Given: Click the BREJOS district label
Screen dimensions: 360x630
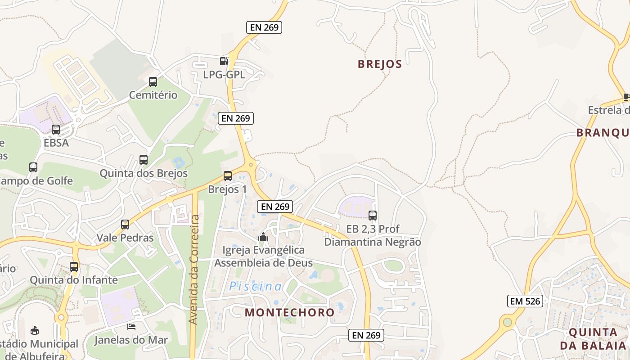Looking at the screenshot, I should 379,64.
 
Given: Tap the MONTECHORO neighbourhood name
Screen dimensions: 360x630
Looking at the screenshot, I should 289,312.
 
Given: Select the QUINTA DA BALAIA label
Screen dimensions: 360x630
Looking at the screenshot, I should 593,339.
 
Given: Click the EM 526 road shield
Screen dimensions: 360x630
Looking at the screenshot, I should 525,301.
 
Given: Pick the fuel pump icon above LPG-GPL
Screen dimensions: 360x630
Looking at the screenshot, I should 224,61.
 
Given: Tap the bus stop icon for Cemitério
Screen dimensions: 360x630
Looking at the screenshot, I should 153,82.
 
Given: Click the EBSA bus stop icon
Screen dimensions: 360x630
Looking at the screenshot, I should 56,130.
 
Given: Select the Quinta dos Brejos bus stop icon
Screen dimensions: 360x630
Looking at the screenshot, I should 144,160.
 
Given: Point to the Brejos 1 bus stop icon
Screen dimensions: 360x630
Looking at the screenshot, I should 228,176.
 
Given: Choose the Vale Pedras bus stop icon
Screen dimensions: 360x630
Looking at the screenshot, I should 125,225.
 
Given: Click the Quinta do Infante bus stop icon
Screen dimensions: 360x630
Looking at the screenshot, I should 74,267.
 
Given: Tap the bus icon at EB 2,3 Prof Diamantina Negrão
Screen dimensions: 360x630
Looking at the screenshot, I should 373,216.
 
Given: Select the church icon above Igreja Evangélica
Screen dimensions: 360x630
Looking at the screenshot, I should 263,236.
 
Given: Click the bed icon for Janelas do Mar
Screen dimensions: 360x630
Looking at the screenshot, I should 131,326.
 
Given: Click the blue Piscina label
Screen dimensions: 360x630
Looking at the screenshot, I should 256,287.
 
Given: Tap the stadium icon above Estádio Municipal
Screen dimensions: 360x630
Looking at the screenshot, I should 34,331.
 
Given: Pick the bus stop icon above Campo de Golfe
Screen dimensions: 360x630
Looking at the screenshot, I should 33,167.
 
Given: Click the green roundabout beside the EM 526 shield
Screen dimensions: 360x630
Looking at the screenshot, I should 508,322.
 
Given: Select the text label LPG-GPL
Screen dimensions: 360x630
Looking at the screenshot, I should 224,75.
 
